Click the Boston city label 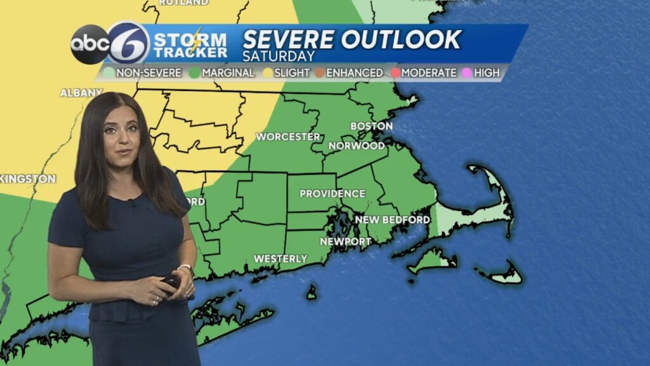(x=371, y=126)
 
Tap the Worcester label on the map (x=288, y=137)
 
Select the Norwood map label (x=357, y=146)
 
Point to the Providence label (x=332, y=193)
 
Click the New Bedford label (x=392, y=220)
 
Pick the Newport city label (x=345, y=241)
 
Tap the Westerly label (x=281, y=259)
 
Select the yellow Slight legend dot (x=268, y=73)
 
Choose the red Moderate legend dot (x=395, y=73)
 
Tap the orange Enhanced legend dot (x=320, y=73)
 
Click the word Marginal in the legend (x=228, y=73)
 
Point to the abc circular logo (x=89, y=44)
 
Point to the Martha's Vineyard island (x=432, y=259)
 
